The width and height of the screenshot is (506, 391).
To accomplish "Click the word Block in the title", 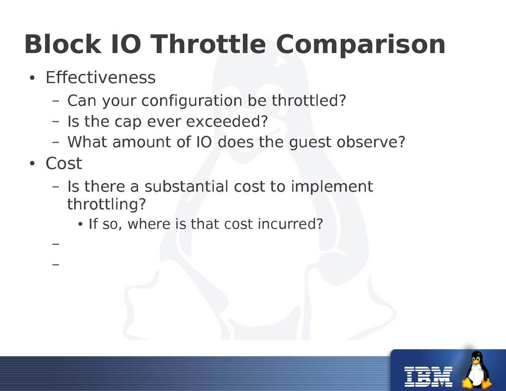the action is coord(63,44).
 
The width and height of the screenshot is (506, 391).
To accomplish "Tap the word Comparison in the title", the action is coord(361,45).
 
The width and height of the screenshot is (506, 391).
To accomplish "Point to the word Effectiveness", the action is coord(101,77).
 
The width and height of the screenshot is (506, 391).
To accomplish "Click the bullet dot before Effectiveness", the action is coord(32,78).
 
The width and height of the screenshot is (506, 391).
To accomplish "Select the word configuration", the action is coord(192,101).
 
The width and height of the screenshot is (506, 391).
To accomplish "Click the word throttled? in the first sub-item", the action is coord(309,100).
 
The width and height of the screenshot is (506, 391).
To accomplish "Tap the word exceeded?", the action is coord(227,121).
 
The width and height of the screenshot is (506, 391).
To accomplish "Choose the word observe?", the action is coord(371,142).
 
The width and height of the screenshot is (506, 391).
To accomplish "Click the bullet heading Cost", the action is coord(64,163).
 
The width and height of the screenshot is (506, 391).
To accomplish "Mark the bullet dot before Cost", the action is coord(32,164).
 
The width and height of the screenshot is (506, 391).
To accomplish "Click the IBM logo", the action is coord(428,377).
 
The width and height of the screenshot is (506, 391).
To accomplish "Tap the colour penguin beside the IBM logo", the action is coord(476,370).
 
